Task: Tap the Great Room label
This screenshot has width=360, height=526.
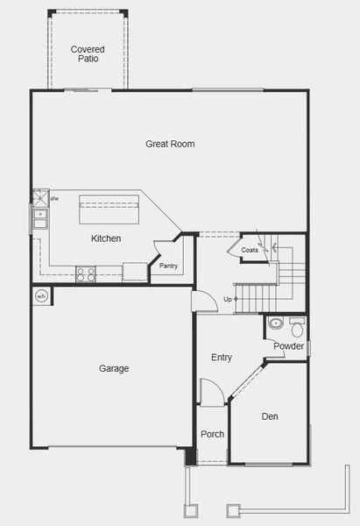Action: (170, 144)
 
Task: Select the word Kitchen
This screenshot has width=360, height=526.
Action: (106, 238)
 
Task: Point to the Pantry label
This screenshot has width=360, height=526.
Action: (168, 266)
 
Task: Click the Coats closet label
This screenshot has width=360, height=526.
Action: (250, 250)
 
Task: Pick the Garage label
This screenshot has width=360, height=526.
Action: (114, 369)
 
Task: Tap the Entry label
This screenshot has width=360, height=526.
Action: (222, 358)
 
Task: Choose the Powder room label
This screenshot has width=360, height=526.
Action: (288, 346)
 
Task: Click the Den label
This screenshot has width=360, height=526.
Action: (270, 416)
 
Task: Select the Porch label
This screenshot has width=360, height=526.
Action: (212, 435)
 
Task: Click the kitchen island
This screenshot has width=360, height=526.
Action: (109, 210)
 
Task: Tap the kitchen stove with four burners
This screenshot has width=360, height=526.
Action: (86, 273)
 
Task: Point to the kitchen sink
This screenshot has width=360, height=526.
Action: (40, 217)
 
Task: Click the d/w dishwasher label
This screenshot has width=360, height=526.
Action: (53, 199)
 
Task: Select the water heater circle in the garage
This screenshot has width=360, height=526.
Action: (41, 296)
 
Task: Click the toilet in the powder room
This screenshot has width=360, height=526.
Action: (296, 328)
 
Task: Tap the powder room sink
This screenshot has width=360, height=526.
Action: (276, 323)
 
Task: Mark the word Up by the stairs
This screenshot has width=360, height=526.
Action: (229, 300)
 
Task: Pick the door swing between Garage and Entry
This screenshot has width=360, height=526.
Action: (203, 300)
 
